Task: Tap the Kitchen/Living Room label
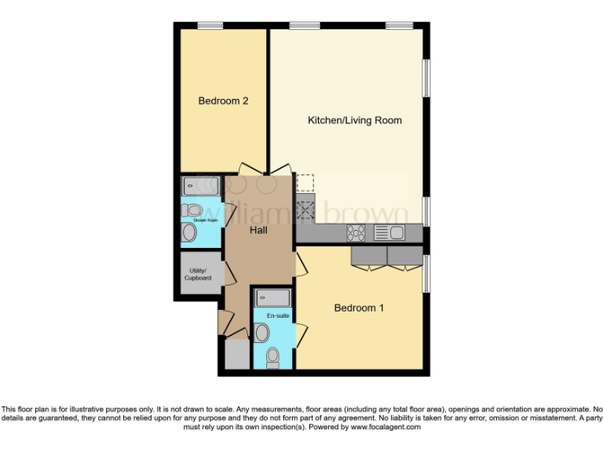coord(354,120)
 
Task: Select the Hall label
coord(259,231)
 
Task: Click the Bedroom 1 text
coord(359,308)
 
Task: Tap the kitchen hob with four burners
coord(356,232)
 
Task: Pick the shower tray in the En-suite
coord(272,298)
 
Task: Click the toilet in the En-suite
coord(272,358)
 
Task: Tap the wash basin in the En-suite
coord(261,333)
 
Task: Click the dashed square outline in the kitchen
coord(305,183)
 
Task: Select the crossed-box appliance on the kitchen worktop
coord(305,209)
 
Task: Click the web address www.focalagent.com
coord(385,428)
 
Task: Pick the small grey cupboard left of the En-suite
coord(236,355)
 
